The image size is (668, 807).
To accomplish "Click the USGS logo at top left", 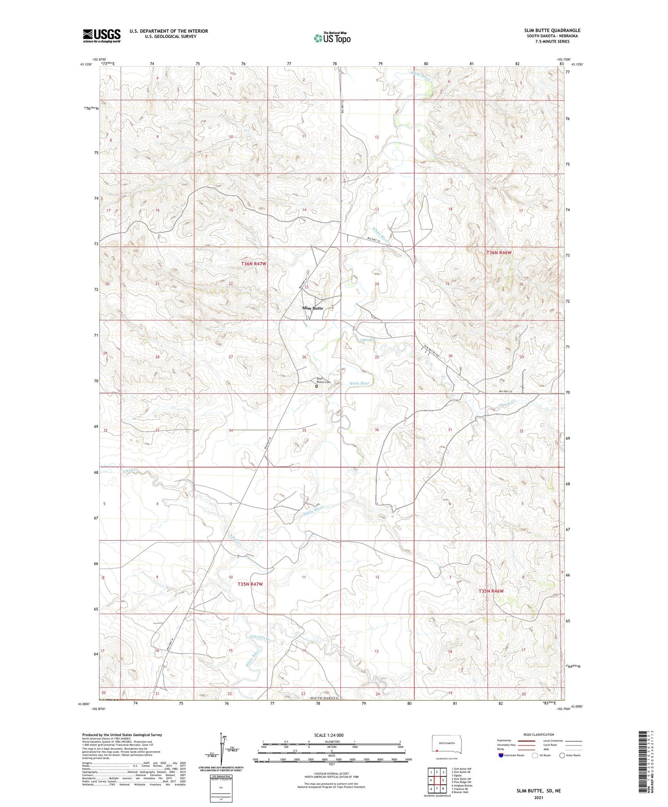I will pyautogui.click(x=101, y=36).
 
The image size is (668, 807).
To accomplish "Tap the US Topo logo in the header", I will pyautogui.click(x=332, y=38).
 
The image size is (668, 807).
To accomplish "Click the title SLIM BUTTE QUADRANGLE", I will pyautogui.click(x=552, y=31).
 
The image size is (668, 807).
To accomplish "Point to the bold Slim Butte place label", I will pyautogui.click(x=313, y=308).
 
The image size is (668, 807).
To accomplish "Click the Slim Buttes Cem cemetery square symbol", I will pyautogui.click(x=317, y=386).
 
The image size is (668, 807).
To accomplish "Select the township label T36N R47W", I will pyautogui.click(x=254, y=263).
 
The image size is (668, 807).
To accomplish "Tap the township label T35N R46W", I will pyautogui.click(x=491, y=591).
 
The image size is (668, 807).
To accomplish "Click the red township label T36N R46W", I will pyautogui.click(x=499, y=253).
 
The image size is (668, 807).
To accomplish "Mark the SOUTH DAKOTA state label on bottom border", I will pyautogui.click(x=325, y=698).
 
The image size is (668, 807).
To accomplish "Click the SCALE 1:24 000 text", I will pyautogui.click(x=329, y=735).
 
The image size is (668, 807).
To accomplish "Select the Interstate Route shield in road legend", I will pyautogui.click(x=502, y=755).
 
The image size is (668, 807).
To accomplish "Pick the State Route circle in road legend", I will pyautogui.click(x=562, y=755).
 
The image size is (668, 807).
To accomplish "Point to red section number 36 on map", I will pyautogui.click(x=377, y=430).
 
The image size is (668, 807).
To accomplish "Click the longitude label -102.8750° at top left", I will pyautogui.click(x=99, y=59).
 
